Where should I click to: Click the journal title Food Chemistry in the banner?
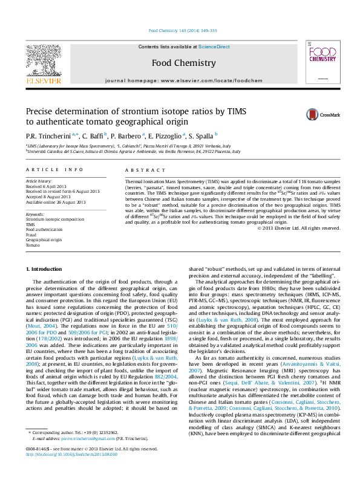[x=183, y=63]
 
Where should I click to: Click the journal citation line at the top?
[x=182, y=30]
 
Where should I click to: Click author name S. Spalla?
[x=193, y=137]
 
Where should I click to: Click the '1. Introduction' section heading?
[x=45, y=268]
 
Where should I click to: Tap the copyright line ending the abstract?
[x=299, y=228]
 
